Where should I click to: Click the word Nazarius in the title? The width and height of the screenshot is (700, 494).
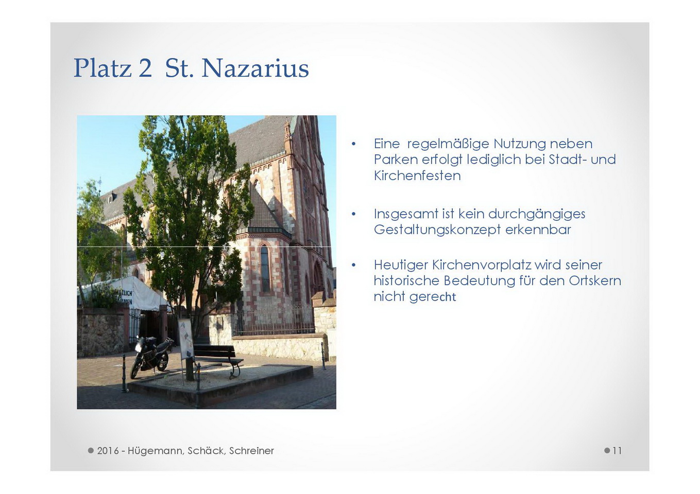pos(255,68)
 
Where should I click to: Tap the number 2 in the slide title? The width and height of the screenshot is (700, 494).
pos(145,68)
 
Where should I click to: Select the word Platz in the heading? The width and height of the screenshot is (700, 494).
pos(103,68)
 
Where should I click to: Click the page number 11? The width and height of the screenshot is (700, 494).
pos(617,451)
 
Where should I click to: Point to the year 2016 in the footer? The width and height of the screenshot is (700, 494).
pos(108,451)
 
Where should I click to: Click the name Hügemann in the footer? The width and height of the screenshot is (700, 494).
pos(156,451)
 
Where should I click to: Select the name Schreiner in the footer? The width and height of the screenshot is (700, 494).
pos(251,451)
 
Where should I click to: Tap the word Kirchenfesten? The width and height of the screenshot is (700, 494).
pos(417,175)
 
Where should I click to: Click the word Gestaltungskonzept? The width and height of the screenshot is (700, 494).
pos(438,230)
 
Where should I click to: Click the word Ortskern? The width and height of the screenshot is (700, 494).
pos(595,281)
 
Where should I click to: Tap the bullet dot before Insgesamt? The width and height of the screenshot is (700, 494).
pos(353,214)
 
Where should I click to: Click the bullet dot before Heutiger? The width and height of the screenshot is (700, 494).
pos(353,266)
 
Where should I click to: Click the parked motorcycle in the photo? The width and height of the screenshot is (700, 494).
pos(151,357)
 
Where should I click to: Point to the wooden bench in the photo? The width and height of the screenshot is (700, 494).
pos(217,359)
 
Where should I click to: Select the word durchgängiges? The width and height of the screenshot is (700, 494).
pos(537,215)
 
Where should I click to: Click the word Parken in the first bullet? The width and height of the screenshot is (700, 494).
pos(396,160)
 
